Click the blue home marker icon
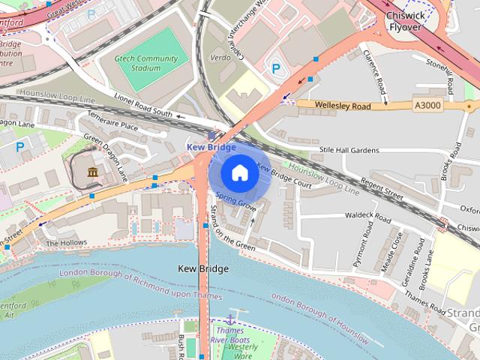(x=239, y=172)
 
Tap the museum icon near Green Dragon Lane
(x=92, y=173)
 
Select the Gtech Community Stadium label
(x=139, y=62)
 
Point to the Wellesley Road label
(x=343, y=106)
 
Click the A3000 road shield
(x=427, y=106)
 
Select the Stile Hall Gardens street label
(x=349, y=151)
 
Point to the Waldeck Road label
(x=367, y=217)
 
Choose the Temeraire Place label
(x=112, y=125)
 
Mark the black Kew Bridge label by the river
(x=203, y=268)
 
